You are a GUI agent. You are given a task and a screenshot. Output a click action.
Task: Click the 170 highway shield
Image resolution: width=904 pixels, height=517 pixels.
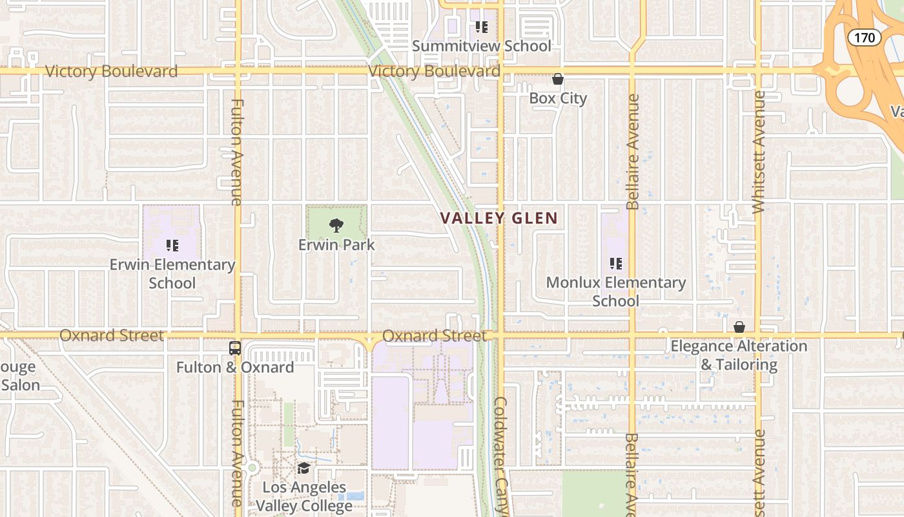point(865,37)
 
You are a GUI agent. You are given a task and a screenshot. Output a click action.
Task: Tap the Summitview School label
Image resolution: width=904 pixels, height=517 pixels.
point(482,46)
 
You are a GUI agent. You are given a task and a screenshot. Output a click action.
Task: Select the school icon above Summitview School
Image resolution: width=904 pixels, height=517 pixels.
point(481,27)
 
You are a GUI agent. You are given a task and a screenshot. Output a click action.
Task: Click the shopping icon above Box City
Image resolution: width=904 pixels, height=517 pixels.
point(558,79)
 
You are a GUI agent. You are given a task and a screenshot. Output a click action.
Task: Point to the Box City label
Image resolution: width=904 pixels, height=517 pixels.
point(558,98)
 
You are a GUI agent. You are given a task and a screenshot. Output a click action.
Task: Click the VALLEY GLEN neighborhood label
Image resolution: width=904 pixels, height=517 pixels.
point(498,218)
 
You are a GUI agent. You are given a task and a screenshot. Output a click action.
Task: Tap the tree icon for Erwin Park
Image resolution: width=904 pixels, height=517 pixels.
point(336,226)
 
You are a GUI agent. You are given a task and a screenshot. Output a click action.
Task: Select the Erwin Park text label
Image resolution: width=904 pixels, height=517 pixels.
point(336,245)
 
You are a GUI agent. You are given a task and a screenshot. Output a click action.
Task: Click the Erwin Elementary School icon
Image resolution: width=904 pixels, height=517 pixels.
point(172,246)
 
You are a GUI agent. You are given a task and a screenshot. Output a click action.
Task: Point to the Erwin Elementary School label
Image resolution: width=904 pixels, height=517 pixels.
point(172,274)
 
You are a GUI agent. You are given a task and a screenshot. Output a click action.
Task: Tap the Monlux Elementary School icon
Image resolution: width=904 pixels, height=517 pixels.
point(615,264)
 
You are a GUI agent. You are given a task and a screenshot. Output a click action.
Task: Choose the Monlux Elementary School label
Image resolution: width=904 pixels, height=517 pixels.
point(616,291)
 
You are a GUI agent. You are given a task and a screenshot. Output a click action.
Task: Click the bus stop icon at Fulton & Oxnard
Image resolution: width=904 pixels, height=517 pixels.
point(235,348)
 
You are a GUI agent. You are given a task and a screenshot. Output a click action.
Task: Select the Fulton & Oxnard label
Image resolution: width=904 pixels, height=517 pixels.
point(235,367)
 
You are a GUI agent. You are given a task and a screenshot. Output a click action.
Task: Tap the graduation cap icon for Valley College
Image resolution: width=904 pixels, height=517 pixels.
point(303,468)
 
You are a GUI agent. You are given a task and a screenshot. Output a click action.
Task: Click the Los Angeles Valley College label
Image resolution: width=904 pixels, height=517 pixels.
point(304,496)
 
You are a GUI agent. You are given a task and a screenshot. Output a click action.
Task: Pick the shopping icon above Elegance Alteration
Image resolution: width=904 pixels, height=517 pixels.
point(739,328)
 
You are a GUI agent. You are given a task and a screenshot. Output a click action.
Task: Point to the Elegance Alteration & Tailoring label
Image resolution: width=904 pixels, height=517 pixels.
point(739,355)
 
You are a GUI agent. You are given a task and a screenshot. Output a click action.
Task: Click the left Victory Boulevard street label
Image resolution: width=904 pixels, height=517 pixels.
point(111,71)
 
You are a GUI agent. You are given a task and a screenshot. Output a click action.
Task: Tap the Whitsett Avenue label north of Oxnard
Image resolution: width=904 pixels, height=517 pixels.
point(759,152)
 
